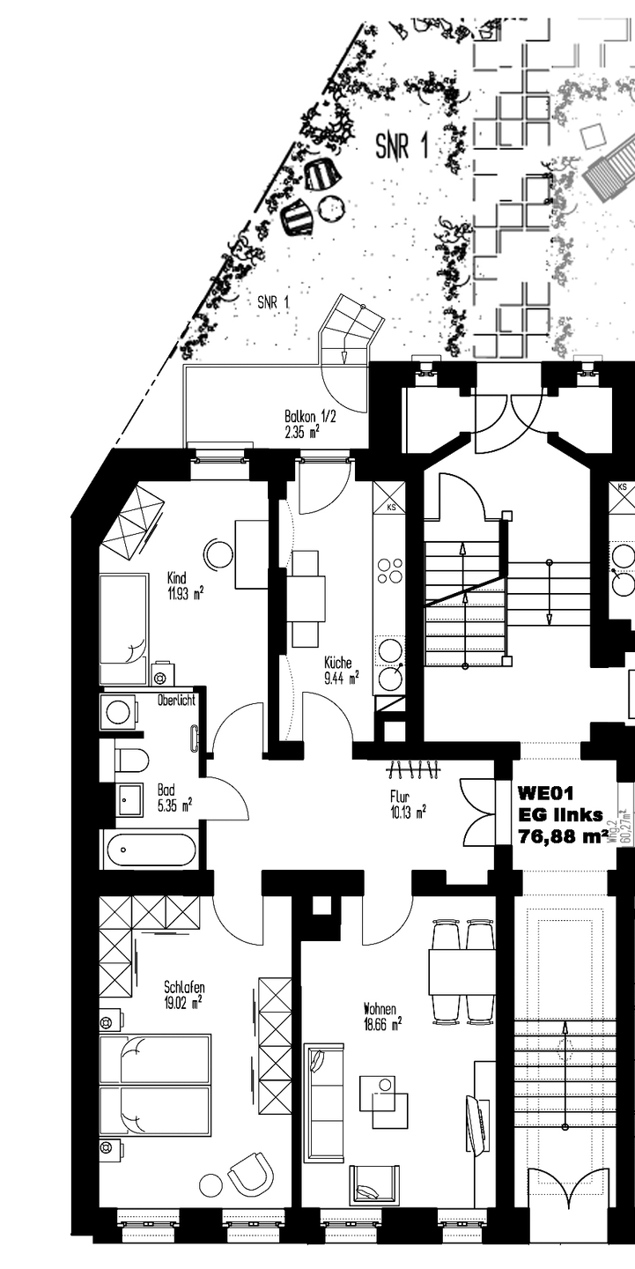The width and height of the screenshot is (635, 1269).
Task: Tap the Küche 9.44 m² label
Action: tap(341, 671)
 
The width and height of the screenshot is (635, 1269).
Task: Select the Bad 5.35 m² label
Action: tap(174, 797)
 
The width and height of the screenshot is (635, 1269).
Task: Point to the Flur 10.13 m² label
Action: tap(408, 804)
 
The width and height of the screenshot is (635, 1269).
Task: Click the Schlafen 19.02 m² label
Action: tap(183, 993)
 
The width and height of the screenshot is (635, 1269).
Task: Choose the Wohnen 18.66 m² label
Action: tap(382, 1015)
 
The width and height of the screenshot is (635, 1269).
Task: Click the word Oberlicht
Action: tap(176, 701)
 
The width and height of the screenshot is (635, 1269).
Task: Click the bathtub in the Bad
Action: tap(151, 850)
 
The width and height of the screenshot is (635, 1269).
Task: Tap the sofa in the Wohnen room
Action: tap(323, 1102)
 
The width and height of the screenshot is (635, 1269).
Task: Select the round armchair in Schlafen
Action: tap(250, 1173)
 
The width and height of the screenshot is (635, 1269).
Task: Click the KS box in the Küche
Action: tap(388, 499)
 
